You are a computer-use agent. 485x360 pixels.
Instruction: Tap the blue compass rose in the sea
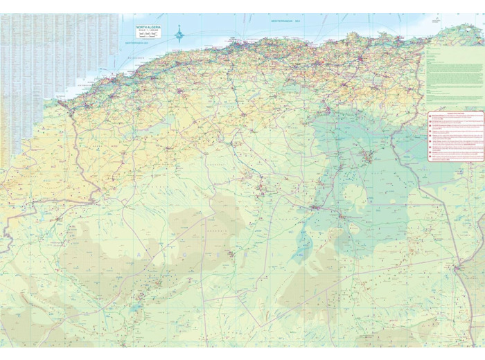point(179,32)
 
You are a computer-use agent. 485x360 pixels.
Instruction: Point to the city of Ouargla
point(316,206)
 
